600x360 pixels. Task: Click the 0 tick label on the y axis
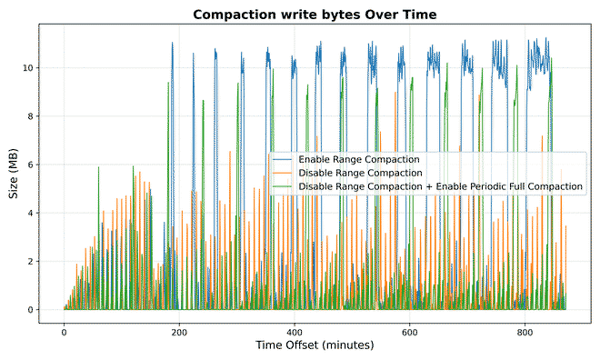(31, 310)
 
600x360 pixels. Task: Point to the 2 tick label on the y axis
(31, 262)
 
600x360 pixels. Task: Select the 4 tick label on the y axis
(31, 214)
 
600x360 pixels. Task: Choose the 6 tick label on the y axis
(31, 165)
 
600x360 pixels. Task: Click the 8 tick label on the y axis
(31, 116)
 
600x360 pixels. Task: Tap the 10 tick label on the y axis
(28, 68)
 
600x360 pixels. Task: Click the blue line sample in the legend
(282, 160)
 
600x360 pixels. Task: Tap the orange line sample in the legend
(282, 173)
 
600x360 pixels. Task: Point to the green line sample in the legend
(282, 186)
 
